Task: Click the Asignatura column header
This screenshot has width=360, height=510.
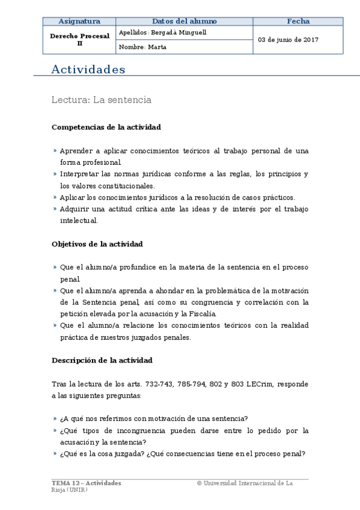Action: coord(79,21)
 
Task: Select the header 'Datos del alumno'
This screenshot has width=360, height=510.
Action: coord(184,21)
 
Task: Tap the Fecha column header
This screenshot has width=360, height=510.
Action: coord(298,21)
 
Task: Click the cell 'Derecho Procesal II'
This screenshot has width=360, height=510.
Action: coord(79,40)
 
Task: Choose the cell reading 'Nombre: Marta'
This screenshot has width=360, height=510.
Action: coord(143,47)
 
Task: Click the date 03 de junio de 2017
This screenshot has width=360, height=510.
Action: coord(288,40)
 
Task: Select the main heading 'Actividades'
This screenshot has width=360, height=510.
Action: coord(88,70)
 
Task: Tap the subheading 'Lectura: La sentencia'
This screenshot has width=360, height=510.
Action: coord(102,100)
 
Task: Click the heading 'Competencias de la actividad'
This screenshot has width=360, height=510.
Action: coord(106,127)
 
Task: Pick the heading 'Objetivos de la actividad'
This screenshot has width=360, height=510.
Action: coord(97,244)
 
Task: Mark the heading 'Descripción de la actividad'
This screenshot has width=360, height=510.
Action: coord(102,360)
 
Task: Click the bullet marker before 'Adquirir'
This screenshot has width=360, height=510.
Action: coord(55,209)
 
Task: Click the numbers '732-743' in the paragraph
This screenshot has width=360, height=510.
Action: coord(153,384)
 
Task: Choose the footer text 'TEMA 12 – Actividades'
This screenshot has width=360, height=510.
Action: coord(87,483)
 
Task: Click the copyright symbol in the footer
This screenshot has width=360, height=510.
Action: coord(199,483)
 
